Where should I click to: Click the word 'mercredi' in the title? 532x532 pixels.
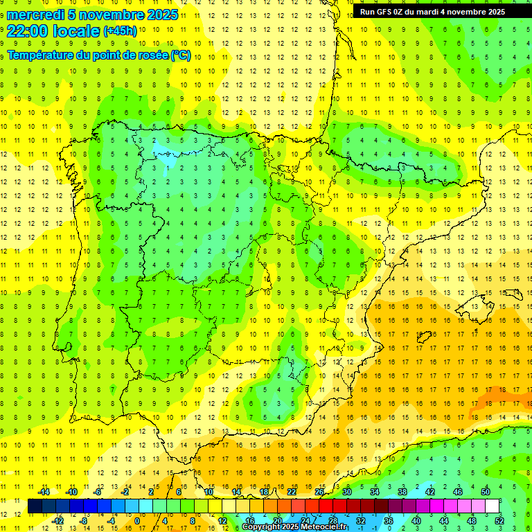coord(34,15)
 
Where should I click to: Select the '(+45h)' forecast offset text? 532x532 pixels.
coord(120,31)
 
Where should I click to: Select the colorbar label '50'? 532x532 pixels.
coord(485,492)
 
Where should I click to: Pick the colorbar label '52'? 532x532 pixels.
coord(499,520)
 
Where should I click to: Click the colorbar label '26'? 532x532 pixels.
coord(319,492)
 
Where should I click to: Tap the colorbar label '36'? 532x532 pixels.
coord(389,520)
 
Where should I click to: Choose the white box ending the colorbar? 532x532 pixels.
coord(492,506)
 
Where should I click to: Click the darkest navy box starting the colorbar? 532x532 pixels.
coord(35,506)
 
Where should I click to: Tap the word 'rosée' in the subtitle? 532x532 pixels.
coord(150,55)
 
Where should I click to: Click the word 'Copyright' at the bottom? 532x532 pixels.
coord(261,526)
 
